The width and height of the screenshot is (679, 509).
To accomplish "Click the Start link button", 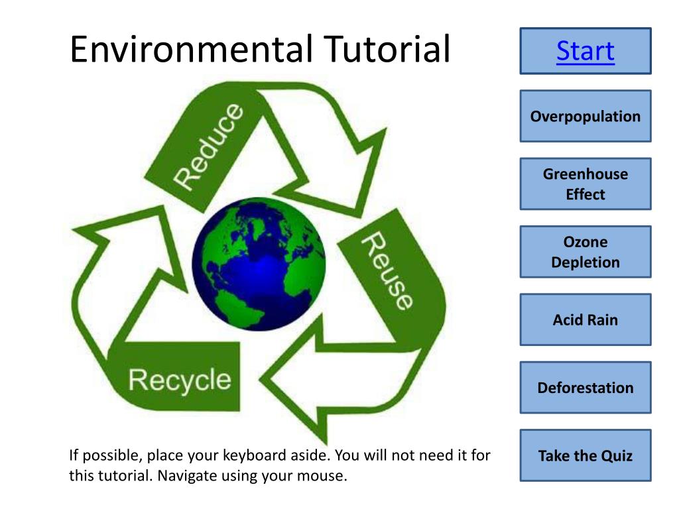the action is [x=586, y=51].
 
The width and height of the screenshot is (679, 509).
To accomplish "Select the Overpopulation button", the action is [x=586, y=117].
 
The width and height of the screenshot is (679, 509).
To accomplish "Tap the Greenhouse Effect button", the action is [x=586, y=184].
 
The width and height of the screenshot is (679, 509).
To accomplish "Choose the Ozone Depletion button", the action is [x=586, y=252].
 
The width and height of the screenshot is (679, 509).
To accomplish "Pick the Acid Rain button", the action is [x=586, y=320].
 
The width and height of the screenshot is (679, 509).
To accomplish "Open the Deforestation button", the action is [x=586, y=388].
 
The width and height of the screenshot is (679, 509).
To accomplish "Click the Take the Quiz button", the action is [x=586, y=455].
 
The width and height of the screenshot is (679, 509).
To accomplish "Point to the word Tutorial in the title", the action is [x=387, y=50].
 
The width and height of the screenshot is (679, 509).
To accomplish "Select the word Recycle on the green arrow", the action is [x=180, y=380].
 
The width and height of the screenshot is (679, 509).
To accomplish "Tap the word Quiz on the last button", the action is [x=617, y=455].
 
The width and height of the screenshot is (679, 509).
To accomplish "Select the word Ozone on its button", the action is [x=586, y=242].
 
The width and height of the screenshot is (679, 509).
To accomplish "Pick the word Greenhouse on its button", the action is [x=586, y=174].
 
